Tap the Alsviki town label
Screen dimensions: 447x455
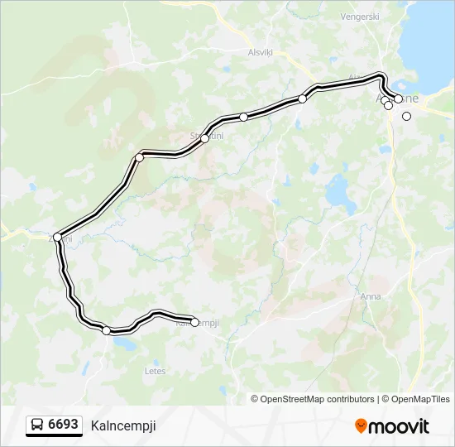[260, 50]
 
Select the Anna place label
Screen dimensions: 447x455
[370, 296]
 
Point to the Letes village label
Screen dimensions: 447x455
[155, 372]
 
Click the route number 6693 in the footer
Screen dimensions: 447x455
[63, 425]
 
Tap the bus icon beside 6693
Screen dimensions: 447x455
[37, 425]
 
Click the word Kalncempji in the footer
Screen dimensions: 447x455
[123, 425]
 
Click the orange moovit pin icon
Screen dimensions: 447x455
[361, 426]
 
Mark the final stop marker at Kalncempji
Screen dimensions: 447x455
[195, 322]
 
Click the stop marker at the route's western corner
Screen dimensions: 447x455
[57, 238]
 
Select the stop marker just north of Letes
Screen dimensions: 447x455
[106, 331]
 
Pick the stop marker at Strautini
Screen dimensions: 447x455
[204, 138]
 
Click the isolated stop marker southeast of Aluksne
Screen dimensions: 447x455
[406, 116]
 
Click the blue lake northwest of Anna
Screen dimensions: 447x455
[339, 192]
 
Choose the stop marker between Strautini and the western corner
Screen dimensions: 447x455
[140, 157]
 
